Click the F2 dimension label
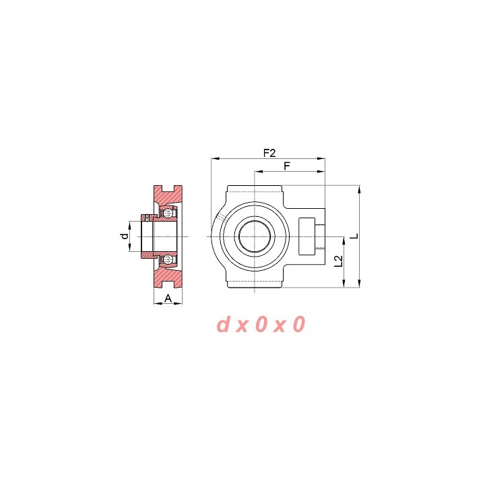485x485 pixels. (269, 153)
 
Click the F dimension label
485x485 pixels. (287, 166)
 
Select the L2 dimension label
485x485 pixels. (339, 261)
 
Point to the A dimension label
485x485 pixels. (168, 298)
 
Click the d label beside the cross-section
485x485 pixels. (125, 236)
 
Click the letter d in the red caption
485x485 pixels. (223, 324)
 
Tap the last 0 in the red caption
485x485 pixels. (299, 324)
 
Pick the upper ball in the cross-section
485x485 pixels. (168, 213)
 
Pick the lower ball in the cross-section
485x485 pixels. (168, 259)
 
